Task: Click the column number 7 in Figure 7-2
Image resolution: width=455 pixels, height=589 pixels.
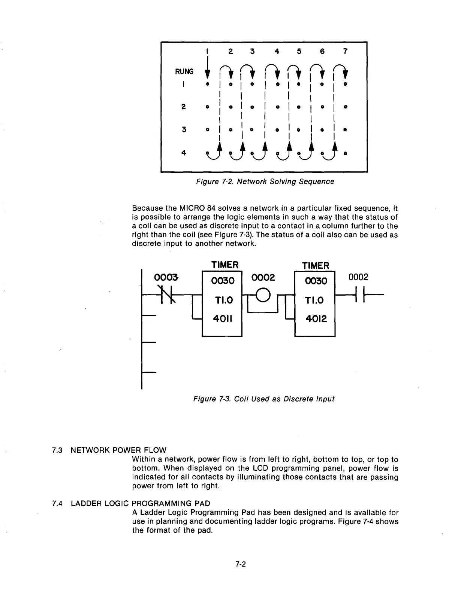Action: [x=345, y=51]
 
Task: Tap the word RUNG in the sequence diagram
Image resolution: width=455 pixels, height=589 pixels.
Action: [x=184, y=71]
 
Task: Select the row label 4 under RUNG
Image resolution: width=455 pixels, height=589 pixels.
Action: [x=184, y=153]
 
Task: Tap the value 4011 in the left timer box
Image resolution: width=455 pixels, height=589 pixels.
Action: [x=223, y=319]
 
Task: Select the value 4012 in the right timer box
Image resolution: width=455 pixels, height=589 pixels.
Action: [x=315, y=319]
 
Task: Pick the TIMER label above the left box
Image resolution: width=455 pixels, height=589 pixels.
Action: [x=225, y=265]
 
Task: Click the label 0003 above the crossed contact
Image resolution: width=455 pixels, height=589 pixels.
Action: [x=166, y=278]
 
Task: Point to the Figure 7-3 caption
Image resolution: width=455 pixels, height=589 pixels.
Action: [x=263, y=399]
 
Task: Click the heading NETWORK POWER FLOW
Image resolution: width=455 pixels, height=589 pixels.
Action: [x=118, y=450]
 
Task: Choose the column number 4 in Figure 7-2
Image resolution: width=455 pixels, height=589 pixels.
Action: [x=277, y=51]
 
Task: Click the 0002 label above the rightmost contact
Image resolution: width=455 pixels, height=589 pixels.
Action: [x=358, y=277]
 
